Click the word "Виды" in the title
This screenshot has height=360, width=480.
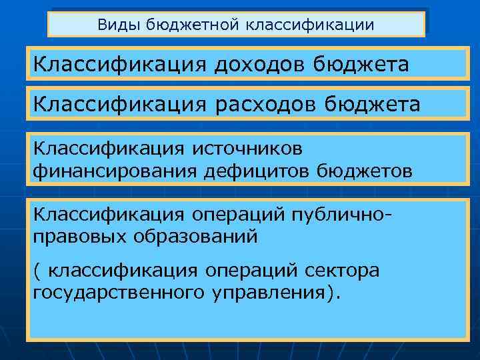113,25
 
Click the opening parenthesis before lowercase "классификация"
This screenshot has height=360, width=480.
37,270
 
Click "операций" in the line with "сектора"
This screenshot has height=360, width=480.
253,270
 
